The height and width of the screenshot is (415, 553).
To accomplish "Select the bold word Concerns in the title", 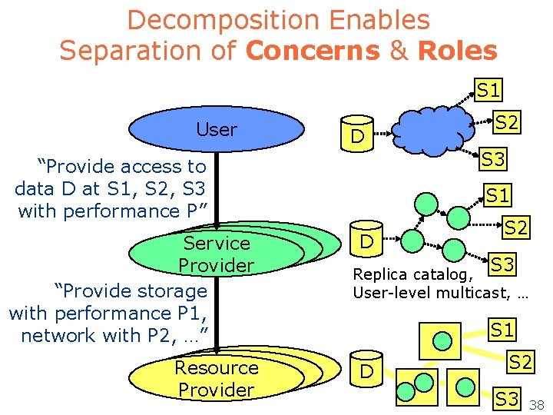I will pyautogui.click(x=312, y=51).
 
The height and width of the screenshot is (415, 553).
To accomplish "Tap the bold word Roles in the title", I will pyautogui.click(x=457, y=51).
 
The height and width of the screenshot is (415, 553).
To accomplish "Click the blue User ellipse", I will pyautogui.click(x=217, y=130).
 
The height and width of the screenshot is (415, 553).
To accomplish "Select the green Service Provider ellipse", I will pyautogui.click(x=216, y=254).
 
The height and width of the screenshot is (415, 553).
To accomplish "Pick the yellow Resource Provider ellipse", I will pyautogui.click(x=216, y=378).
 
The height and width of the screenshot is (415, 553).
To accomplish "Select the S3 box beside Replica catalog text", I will pyautogui.click(x=503, y=264).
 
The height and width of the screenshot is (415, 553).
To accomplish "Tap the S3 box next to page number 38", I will pyautogui.click(x=506, y=398).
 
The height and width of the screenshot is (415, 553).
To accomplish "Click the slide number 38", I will pyautogui.click(x=536, y=404).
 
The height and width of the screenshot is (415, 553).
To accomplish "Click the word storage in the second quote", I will pyautogui.click(x=174, y=290).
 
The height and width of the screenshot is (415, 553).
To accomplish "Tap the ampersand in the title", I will pyautogui.click(x=399, y=51).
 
